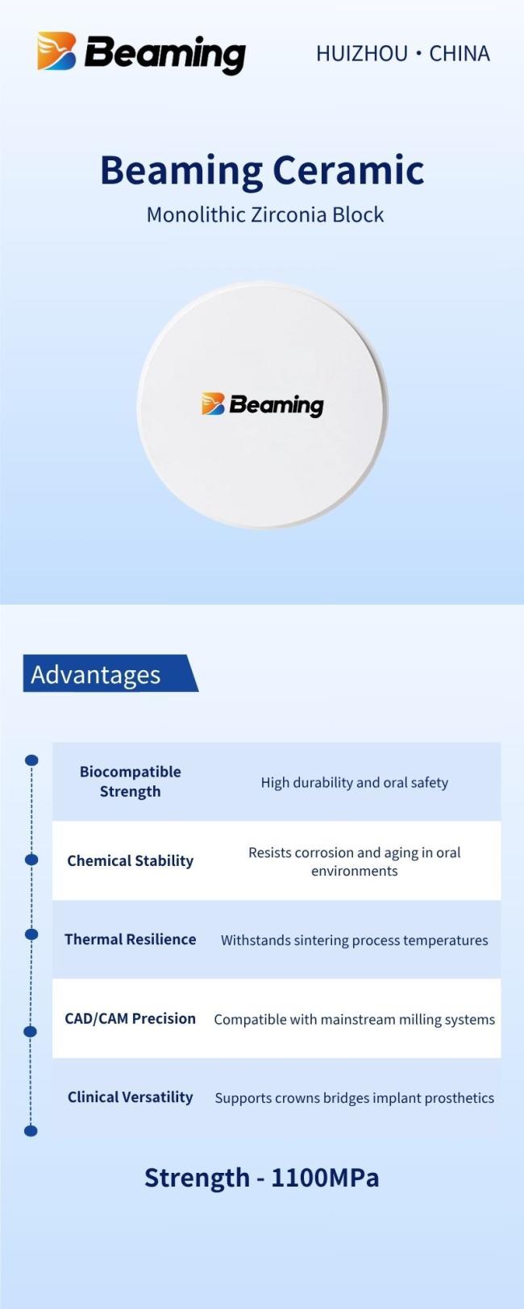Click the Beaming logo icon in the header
point(56,52)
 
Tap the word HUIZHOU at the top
point(362,54)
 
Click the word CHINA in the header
point(460,54)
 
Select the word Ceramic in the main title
point(348,170)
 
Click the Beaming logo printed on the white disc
point(263,404)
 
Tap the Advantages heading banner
point(110,673)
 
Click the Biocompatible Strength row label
point(130,781)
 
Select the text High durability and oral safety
point(355,782)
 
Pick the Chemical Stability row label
point(130,860)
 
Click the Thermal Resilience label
point(130,939)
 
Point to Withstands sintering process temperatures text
point(355,940)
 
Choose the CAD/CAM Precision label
point(130,1018)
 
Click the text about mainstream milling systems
point(355,1019)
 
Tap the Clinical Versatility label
point(130,1097)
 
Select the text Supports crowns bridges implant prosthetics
point(355,1098)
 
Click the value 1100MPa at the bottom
point(325,1177)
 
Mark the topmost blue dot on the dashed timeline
point(32,760)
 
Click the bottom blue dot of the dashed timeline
point(31,1131)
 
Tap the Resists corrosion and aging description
point(355,861)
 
